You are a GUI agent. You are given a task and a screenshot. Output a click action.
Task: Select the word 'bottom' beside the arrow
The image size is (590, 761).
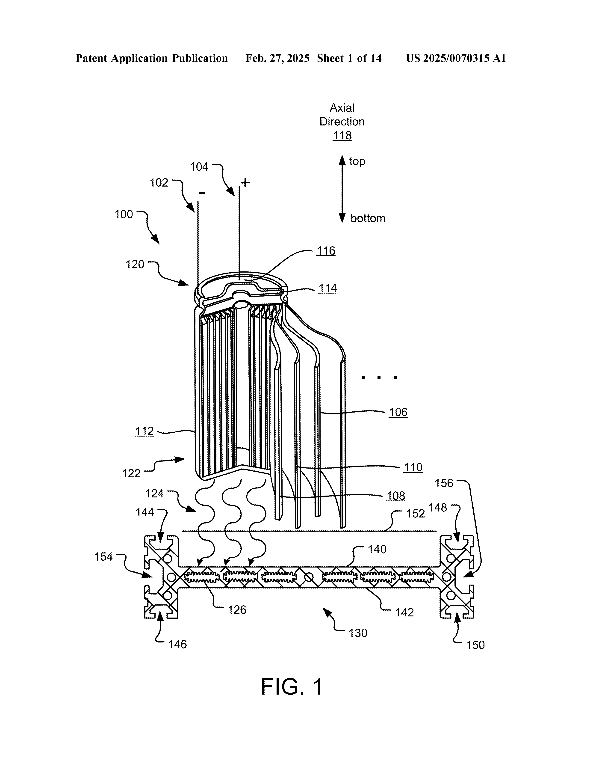pyautogui.click(x=368, y=218)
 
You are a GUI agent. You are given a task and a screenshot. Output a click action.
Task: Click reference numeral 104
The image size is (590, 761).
pyautogui.click(x=199, y=167)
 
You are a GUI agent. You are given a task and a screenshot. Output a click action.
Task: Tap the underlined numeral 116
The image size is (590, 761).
pyautogui.click(x=326, y=251)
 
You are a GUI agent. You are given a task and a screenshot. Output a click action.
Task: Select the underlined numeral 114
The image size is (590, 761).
pyautogui.click(x=328, y=288)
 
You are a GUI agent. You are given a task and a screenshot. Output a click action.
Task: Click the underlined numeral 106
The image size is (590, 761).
pyautogui.click(x=398, y=412)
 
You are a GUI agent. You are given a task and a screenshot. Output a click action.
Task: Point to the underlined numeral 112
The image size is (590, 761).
pyautogui.click(x=144, y=431)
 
